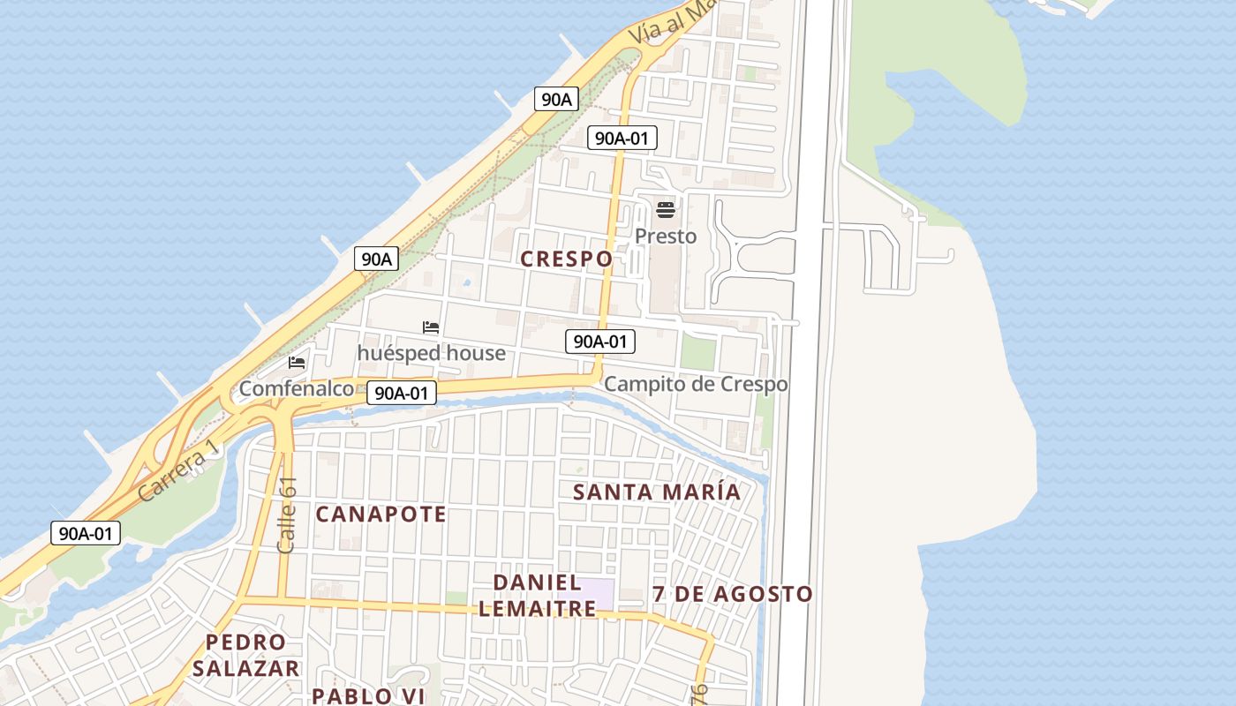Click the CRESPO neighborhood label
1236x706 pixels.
[x=566, y=259]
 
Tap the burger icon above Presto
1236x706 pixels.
[x=666, y=210]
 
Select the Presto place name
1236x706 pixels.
[x=666, y=237]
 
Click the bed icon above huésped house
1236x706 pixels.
[x=431, y=327]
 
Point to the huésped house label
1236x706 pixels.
[x=431, y=353]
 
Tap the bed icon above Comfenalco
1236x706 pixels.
[x=297, y=362]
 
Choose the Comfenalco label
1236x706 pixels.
[x=297, y=388]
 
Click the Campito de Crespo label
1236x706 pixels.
[x=696, y=385]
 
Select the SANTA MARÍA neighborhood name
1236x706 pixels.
[x=657, y=492]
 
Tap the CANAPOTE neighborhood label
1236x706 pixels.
[x=381, y=514]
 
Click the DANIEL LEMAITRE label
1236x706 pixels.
[x=537, y=596]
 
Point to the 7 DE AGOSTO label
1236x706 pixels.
[x=732, y=594]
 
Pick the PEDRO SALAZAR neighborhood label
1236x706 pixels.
[x=246, y=655]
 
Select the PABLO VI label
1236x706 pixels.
[x=369, y=695]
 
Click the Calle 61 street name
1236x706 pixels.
[x=287, y=515]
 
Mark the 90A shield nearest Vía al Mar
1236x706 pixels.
[x=556, y=99]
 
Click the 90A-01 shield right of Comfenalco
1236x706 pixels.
[x=402, y=393]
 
